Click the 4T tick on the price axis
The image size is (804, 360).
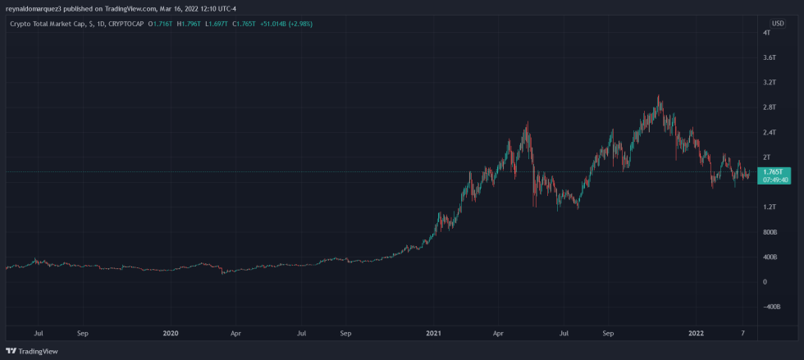765,33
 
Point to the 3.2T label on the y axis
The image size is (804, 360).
769,83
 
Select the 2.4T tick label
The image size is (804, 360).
769,132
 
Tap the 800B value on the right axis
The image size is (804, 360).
770,232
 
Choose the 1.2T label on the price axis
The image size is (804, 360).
769,207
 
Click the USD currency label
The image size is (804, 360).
777,23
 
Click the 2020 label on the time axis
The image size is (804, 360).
171,334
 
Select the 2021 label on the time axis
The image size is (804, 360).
434,334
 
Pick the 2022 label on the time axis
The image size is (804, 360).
697,334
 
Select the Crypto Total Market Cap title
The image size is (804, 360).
48,24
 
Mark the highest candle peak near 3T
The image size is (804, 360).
659,97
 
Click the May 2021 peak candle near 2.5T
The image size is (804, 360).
526,123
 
